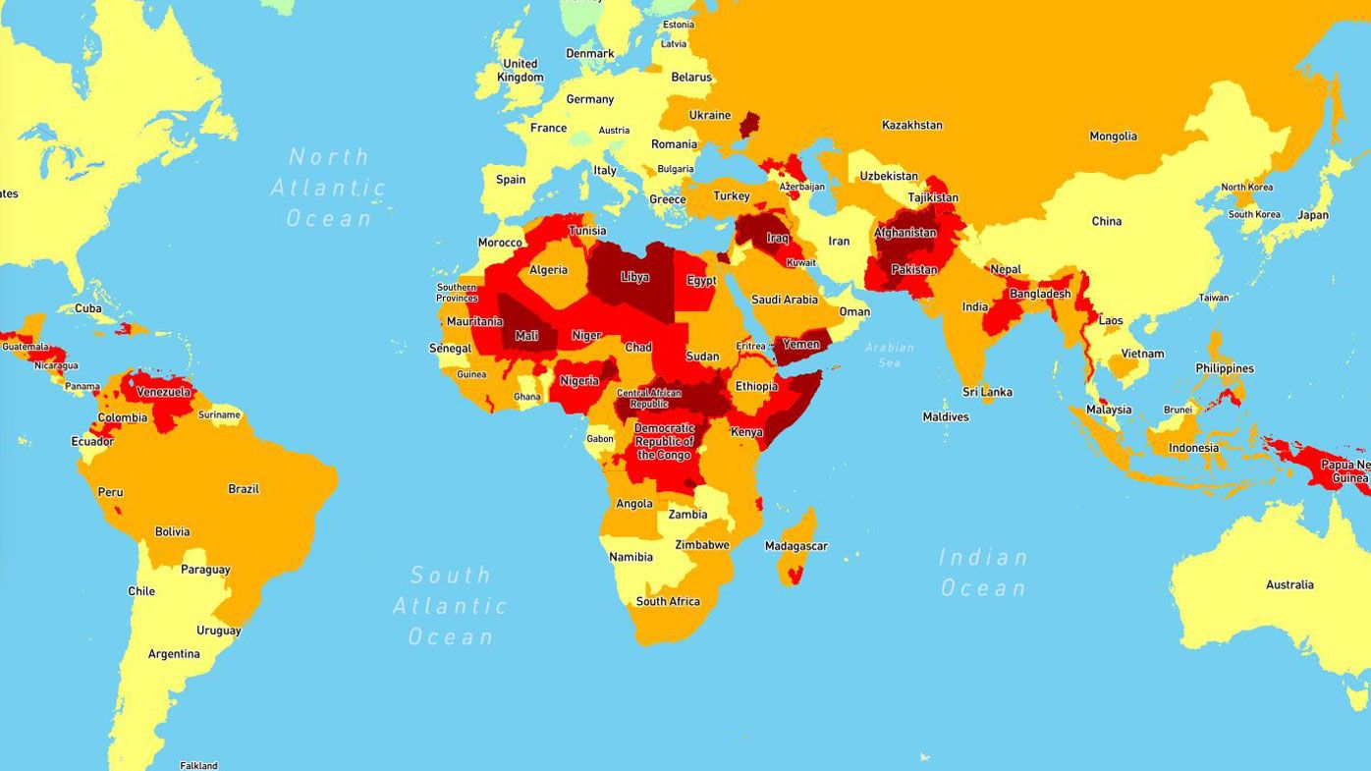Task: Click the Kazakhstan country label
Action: [911, 125]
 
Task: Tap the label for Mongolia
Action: [1113, 137]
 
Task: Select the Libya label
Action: [634, 277]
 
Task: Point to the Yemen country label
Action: [800, 345]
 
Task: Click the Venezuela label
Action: [163, 392]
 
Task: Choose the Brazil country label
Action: [244, 489]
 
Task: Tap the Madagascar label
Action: [795, 546]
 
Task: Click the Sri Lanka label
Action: [987, 392]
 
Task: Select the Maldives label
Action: [946, 416]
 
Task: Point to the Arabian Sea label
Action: [889, 355]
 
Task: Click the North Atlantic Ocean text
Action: [328, 187]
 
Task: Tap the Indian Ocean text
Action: [982, 573]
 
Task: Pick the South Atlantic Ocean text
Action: [450, 605]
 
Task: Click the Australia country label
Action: [1289, 584]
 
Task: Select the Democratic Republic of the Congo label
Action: [664, 441]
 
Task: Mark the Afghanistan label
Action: [905, 233]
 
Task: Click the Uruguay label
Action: [218, 631]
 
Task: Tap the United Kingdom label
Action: [520, 71]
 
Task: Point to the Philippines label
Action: [1225, 368]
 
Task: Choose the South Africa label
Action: [668, 601]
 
